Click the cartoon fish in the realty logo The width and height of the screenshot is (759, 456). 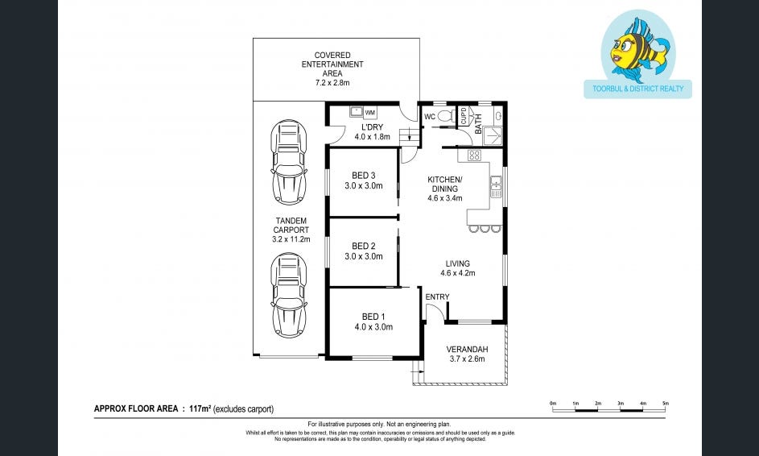(x=638, y=48)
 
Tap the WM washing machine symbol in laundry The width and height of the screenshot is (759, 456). (x=369, y=113)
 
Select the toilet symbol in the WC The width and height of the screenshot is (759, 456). (x=446, y=116)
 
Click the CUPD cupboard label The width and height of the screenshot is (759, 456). (x=464, y=116)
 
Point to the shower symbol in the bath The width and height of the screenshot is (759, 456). (x=493, y=135)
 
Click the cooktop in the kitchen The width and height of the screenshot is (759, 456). (x=474, y=155)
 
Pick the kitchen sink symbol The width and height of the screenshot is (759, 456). (x=496, y=187)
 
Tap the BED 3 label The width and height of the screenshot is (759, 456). (x=364, y=176)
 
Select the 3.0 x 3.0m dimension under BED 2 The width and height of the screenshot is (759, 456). (x=364, y=256)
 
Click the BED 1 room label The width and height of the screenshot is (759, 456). (x=373, y=317)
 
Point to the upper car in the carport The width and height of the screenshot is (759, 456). (x=288, y=162)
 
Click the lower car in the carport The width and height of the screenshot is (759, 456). (x=288, y=295)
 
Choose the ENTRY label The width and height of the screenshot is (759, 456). (x=438, y=296)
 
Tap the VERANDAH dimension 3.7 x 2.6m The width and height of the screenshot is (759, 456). (x=467, y=359)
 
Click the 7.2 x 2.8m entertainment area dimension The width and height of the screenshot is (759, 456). (x=332, y=83)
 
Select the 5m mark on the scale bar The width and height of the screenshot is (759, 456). (x=666, y=403)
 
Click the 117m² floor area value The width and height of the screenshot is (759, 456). (x=200, y=408)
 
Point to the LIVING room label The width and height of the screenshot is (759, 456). (x=457, y=263)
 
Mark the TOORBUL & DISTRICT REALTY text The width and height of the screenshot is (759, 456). (x=638, y=89)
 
